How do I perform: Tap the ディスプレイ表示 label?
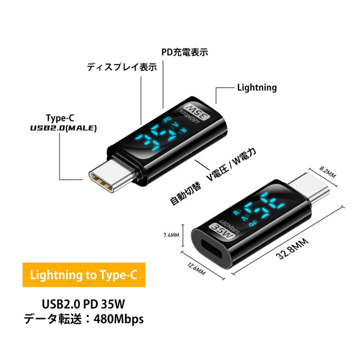121,67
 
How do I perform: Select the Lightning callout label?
256,88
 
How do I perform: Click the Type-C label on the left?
60,118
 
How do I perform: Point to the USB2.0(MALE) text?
64,128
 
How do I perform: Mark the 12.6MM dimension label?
193,274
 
